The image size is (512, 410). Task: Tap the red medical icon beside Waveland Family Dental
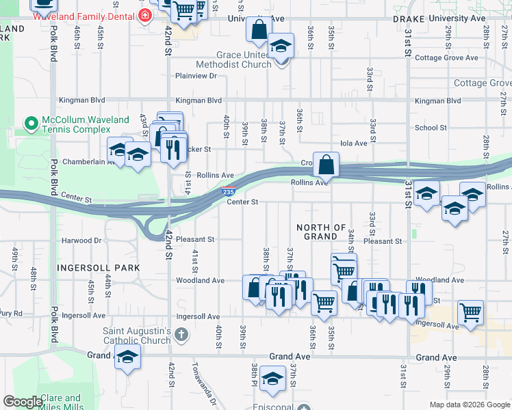click(x=144, y=16)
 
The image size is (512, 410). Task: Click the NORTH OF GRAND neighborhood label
click(x=320, y=232)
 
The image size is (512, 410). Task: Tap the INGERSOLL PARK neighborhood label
click(x=99, y=267)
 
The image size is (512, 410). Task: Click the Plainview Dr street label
click(x=196, y=76)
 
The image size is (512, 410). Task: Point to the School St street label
click(x=431, y=128)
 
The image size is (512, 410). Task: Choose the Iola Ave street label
click(x=354, y=143)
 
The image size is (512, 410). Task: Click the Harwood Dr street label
click(x=81, y=241)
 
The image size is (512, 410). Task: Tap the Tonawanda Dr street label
click(x=203, y=383)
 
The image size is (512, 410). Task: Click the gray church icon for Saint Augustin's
click(x=181, y=334)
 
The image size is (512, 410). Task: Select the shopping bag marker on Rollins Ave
click(x=327, y=165)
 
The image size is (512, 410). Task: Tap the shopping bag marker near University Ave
click(x=259, y=30)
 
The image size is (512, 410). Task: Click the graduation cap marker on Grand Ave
click(x=127, y=357)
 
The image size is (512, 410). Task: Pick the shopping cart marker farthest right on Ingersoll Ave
click(x=470, y=313)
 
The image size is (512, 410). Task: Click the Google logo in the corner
click(x=23, y=402)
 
